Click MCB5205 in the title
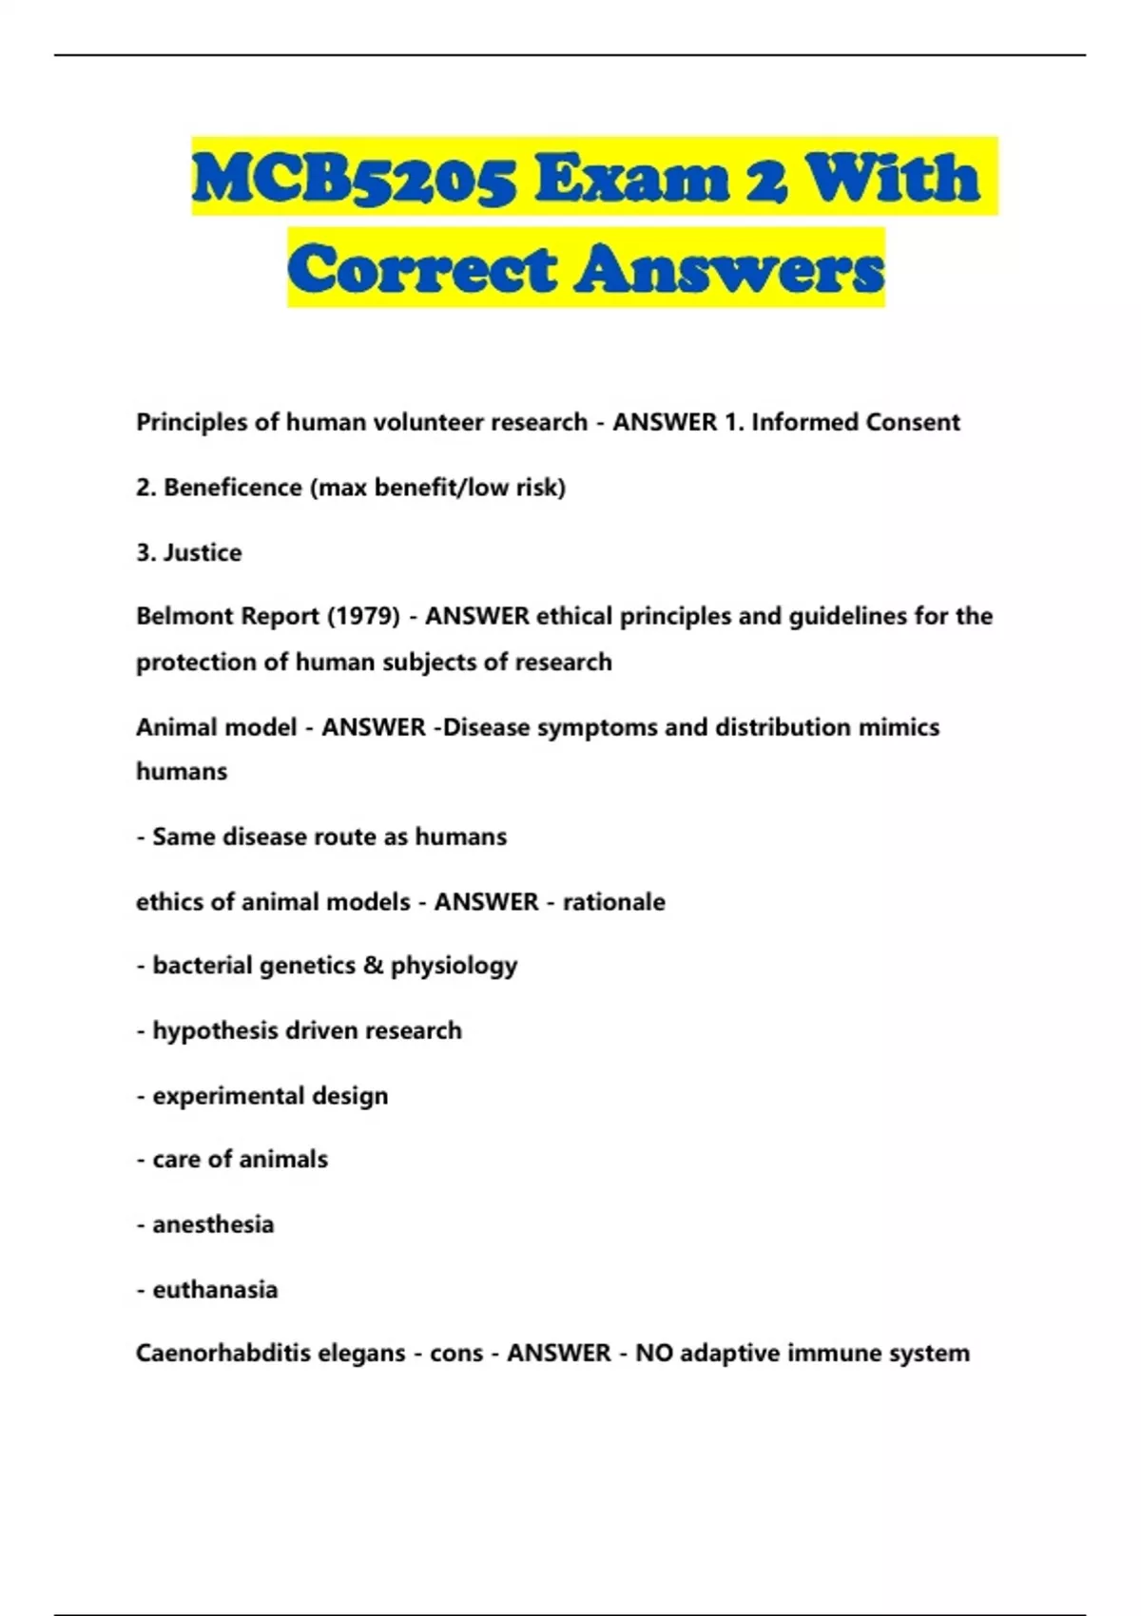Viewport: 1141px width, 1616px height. click(355, 179)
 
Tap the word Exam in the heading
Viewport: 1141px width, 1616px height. click(628, 179)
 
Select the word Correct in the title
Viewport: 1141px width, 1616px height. click(422, 269)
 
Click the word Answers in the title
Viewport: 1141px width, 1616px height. click(728, 269)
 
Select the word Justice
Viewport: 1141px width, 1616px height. click(203, 552)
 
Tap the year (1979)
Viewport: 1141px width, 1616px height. click(363, 616)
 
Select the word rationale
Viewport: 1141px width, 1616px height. click(614, 901)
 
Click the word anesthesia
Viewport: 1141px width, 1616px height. click(213, 1224)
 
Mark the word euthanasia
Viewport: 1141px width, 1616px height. click(215, 1290)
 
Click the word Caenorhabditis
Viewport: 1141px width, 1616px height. click(223, 1353)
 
